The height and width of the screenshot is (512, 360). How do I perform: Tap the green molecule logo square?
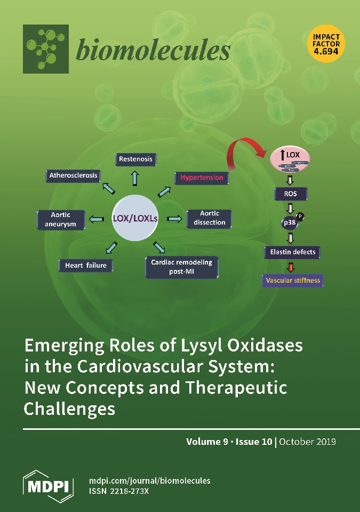coord(46,49)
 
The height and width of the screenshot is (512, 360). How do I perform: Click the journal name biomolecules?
coord(153,51)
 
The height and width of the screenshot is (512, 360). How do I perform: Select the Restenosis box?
coord(135,159)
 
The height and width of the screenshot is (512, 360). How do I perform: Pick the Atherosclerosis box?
coord(74,175)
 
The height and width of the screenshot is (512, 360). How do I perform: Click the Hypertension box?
coord(202,177)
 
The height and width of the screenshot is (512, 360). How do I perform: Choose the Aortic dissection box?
coord(210,218)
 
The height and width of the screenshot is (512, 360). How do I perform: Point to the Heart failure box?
coord(86,265)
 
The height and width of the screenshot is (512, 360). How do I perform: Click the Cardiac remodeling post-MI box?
coord(181,267)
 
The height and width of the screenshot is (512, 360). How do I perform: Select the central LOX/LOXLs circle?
coord(139,218)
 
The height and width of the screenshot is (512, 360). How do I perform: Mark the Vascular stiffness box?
coord(293,281)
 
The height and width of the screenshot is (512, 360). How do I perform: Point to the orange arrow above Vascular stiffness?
coord(291,267)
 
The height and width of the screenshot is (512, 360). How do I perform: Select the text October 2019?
coord(308,442)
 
